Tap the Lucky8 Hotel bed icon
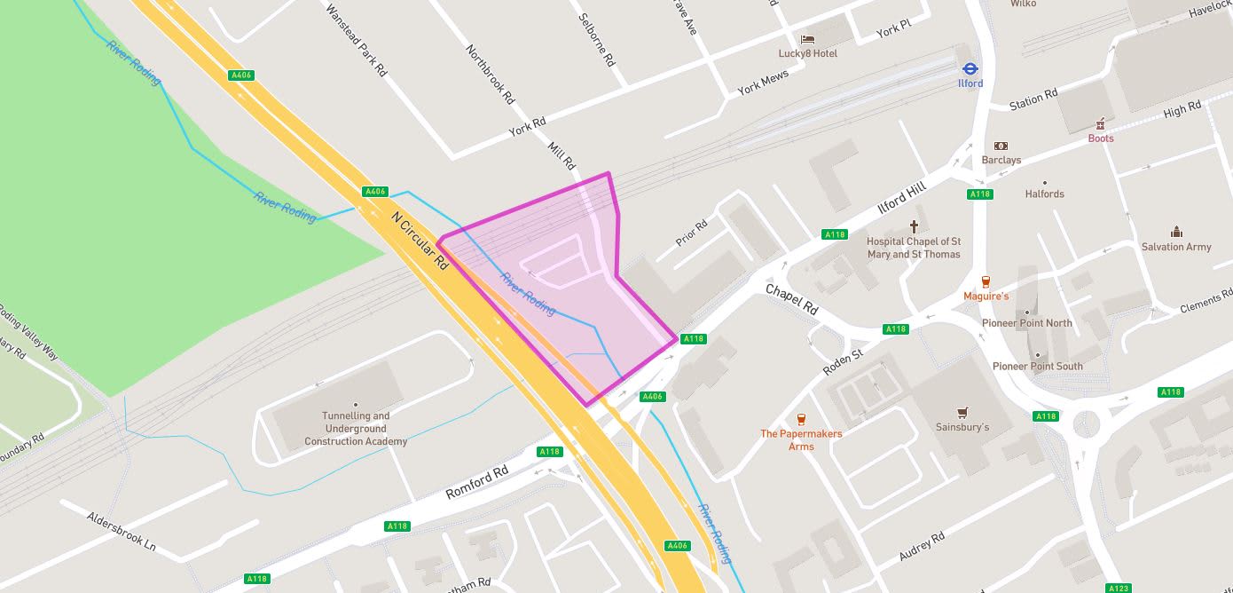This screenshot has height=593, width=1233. (807, 39)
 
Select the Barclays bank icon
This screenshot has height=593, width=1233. (1001, 146)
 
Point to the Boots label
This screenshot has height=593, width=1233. (1101, 138)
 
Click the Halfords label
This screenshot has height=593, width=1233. (1044, 194)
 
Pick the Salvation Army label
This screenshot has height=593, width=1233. (1176, 247)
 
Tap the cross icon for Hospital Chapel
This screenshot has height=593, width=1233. (914, 227)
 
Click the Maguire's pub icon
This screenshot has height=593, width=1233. (986, 281)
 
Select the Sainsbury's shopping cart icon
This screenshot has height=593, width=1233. (962, 413)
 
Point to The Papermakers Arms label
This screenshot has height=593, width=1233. (801, 440)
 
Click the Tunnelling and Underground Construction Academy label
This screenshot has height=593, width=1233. (356, 429)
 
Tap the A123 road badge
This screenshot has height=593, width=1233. (1119, 588)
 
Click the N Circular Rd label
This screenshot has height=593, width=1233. (420, 240)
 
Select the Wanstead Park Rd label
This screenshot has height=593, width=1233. (356, 40)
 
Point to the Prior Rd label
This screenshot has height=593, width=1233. (691, 233)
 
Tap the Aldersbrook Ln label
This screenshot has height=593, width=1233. (121, 531)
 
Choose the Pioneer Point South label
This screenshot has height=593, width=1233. (1037, 367)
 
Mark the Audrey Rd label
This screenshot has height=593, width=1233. (922, 546)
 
